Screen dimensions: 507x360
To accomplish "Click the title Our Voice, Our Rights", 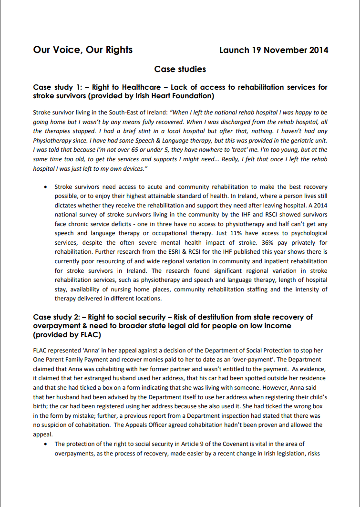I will (83, 50).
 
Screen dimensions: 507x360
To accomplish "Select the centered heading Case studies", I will (180, 70).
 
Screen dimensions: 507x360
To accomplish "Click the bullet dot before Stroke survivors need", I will (45, 187).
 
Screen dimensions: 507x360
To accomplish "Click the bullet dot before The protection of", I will (45, 444).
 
